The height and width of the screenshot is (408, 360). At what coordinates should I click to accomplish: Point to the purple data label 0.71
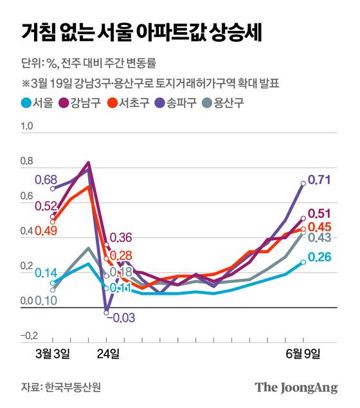pos(319,180)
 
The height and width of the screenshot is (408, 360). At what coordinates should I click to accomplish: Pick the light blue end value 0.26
pos(319,257)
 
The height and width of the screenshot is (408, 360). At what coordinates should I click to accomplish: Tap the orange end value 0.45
pos(319,227)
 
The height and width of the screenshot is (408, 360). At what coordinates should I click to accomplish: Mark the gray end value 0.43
pos(319,238)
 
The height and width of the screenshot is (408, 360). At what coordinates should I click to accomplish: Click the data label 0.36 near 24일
pos(122,238)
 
